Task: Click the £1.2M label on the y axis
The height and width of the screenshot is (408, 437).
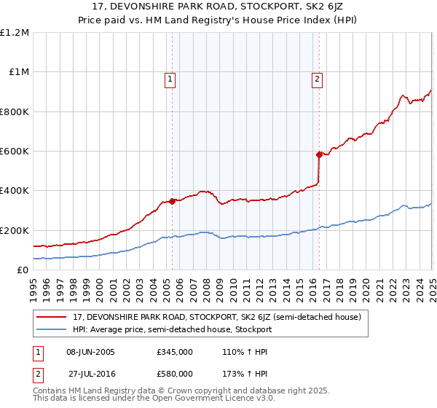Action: [x=15, y=33]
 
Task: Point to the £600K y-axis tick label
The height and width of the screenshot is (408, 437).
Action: [x=15, y=152]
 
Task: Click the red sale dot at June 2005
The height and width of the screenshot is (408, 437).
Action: [x=173, y=201]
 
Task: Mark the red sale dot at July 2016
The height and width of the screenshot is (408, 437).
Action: [x=319, y=154]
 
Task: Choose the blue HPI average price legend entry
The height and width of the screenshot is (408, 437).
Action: [x=172, y=329]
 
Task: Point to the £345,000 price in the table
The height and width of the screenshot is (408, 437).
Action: [x=175, y=351]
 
